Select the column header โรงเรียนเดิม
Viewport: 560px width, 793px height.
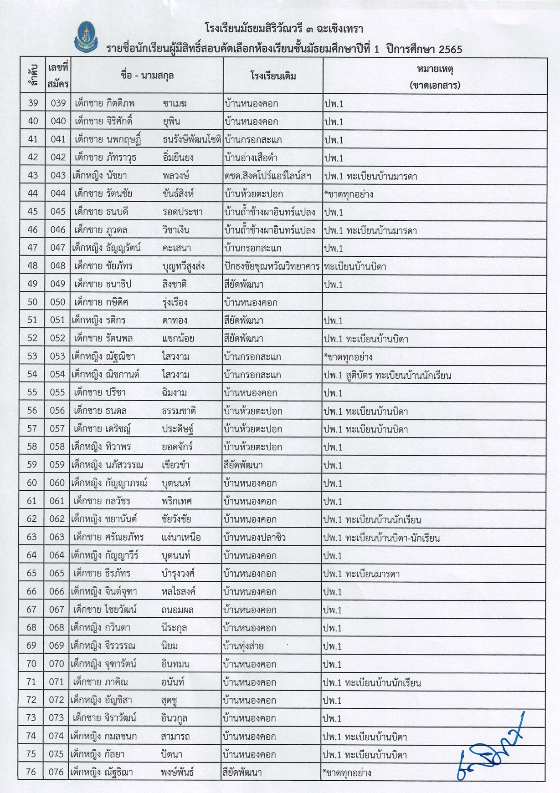coord(273,76)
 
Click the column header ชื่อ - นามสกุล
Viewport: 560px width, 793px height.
coord(147,76)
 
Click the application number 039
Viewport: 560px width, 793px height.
coord(58,103)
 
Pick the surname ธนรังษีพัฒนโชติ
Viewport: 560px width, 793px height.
coord(192,140)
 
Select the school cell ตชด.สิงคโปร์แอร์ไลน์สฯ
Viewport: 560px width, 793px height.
coord(267,176)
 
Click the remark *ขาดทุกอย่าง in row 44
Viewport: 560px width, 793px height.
coord(349,194)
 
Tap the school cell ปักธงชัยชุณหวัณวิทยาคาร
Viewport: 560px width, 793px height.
coord(272,266)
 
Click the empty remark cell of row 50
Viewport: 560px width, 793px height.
coord(435,302)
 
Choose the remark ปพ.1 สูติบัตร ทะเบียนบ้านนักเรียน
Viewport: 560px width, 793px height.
coord(387,375)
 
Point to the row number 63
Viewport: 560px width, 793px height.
coord(32,537)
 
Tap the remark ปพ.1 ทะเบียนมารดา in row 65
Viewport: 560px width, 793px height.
coord(361,574)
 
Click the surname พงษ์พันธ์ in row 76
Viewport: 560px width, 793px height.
coord(177,773)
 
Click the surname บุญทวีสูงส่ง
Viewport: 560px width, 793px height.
coord(183,266)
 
